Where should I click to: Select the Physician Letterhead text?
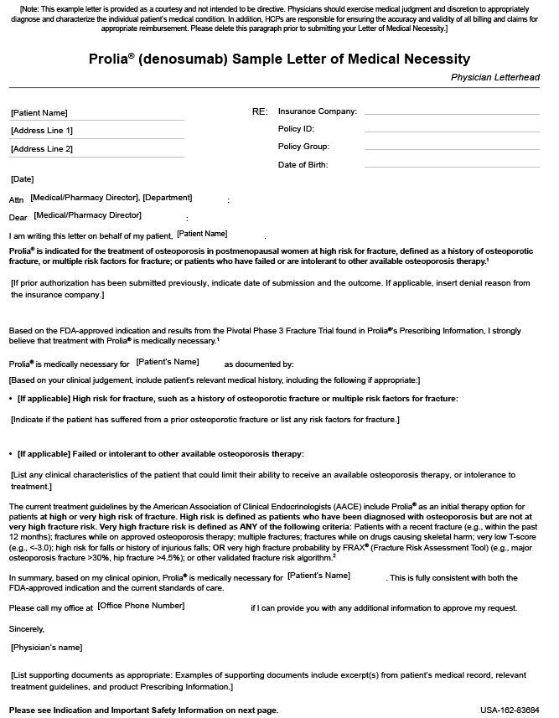(494, 77)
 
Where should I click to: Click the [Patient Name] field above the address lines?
(39, 112)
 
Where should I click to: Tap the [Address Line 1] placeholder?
(42, 131)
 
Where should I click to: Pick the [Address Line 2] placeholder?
(42, 149)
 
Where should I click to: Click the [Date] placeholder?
(23, 179)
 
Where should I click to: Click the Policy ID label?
(296, 129)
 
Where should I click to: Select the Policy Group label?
(303, 147)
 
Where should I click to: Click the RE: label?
(260, 111)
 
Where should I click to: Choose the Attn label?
(17, 200)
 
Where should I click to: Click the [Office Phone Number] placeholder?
(141, 605)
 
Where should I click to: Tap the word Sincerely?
(27, 628)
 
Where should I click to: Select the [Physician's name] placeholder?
(47, 647)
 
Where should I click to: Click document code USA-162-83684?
(510, 710)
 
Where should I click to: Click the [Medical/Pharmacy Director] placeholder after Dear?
(88, 215)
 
